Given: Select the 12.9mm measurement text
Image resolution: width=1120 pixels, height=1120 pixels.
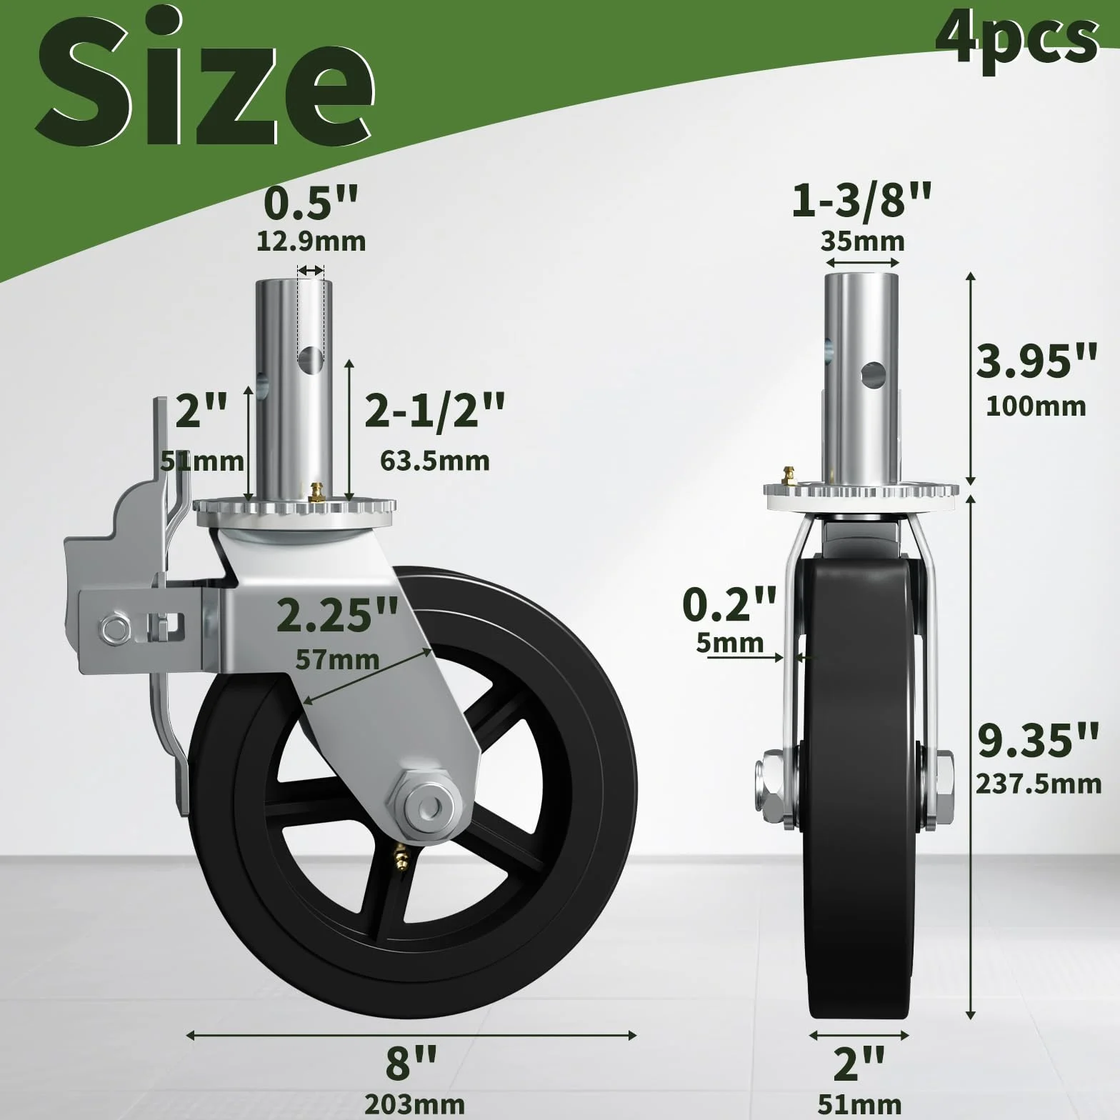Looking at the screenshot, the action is click(311, 241).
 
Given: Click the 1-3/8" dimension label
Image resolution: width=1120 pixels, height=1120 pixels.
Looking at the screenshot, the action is click(861, 200).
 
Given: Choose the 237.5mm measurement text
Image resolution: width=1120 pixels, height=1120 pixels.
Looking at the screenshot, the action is click(1039, 784).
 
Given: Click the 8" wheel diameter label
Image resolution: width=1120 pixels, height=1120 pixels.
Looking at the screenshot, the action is click(411, 1062).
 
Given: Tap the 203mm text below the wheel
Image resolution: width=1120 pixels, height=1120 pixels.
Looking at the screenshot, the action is click(414, 1104).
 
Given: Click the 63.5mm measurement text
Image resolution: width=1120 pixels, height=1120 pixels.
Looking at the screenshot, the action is click(434, 461).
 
